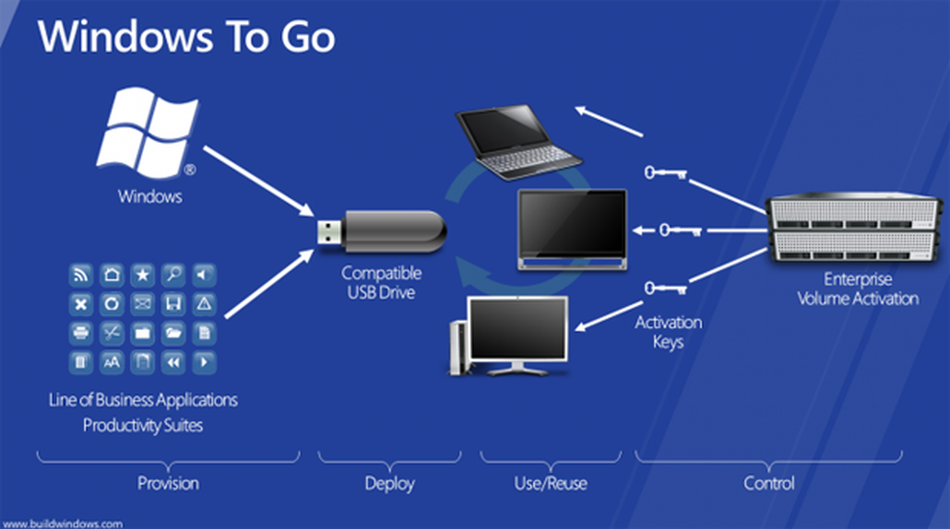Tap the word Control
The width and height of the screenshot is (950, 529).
[769, 483]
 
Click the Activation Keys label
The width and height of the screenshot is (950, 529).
[668, 331]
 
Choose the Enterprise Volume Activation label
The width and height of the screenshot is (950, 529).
[857, 289]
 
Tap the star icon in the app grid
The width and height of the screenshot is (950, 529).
[142, 275]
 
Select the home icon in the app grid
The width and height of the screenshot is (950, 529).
[112, 275]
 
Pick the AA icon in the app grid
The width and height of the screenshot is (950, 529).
[112, 363]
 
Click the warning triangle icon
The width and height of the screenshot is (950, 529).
[204, 304]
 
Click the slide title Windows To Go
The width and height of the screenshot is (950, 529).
[186, 38]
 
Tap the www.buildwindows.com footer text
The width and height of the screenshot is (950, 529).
[63, 523]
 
